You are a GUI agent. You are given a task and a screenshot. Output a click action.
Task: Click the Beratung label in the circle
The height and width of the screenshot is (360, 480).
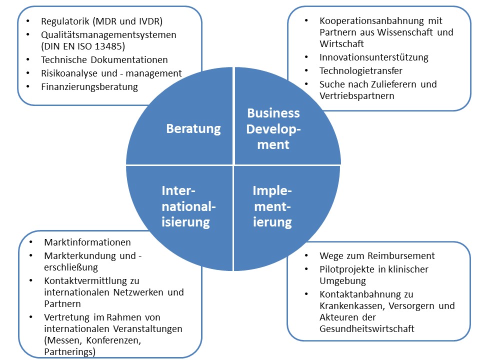(193, 128)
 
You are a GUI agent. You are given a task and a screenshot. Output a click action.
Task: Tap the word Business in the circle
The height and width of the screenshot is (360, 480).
(273, 112)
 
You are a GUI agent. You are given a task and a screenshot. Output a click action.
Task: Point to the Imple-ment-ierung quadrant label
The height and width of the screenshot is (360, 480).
(272, 206)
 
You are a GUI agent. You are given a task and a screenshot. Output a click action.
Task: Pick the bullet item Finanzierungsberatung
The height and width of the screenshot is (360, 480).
(89, 86)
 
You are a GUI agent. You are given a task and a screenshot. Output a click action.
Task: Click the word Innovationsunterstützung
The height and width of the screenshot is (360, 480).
(374, 57)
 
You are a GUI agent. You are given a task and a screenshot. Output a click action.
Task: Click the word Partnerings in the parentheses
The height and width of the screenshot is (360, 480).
(69, 351)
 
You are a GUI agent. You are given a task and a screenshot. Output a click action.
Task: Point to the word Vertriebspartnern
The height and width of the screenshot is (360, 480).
(357, 96)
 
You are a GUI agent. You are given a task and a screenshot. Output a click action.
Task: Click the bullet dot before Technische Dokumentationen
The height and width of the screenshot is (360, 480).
(29, 60)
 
